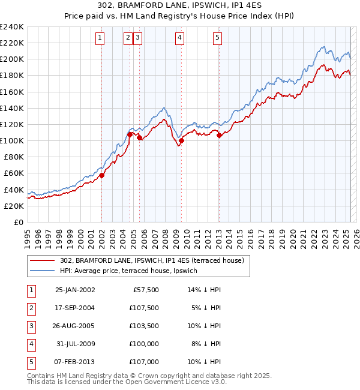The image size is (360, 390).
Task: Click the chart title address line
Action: point(179,6)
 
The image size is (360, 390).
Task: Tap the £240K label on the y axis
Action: point(12,27)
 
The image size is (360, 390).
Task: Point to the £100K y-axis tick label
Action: point(12,140)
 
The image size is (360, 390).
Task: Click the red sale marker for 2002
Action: point(101,175)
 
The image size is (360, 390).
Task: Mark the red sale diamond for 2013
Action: point(219,135)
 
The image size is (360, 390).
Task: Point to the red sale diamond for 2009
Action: point(181,141)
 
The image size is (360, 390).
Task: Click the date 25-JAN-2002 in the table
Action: point(74,290)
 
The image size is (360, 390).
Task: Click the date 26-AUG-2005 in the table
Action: point(74,326)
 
